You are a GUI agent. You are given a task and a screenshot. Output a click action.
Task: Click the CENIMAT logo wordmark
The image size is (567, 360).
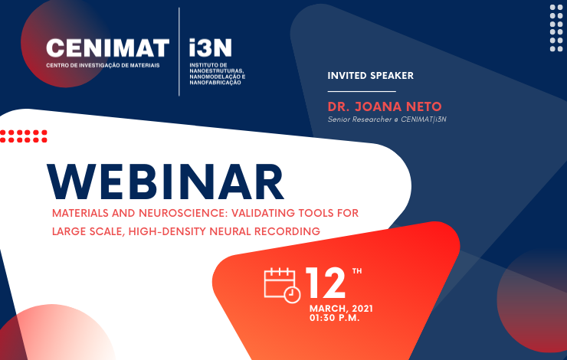(x=108, y=47)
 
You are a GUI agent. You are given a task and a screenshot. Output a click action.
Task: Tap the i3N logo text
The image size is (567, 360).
(x=210, y=47)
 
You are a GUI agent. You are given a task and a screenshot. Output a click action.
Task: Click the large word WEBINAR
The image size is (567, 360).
(x=166, y=182)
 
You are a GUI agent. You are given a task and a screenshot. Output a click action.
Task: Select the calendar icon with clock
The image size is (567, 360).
(x=282, y=285)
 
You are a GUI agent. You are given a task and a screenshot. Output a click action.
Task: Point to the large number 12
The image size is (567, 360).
(x=326, y=283)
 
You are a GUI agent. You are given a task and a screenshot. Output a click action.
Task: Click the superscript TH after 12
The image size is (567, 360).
(x=357, y=271)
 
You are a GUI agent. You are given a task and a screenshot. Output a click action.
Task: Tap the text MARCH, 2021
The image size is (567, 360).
(x=341, y=309)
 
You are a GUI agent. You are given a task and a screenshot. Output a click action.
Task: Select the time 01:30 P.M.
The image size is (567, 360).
(x=335, y=318)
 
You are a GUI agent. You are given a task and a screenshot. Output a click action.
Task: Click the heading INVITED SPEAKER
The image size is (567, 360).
(x=370, y=76)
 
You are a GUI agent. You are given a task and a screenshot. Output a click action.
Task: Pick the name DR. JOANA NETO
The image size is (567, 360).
(x=385, y=106)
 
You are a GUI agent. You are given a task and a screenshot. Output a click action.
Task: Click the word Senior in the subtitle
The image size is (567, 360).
(x=339, y=119)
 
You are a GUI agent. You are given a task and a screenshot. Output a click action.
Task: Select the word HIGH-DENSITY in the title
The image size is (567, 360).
(x=168, y=231)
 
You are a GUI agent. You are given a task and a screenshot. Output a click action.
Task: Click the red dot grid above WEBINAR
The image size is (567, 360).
(x=24, y=136)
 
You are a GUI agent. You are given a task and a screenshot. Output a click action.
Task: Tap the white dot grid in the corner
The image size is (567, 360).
(x=556, y=28)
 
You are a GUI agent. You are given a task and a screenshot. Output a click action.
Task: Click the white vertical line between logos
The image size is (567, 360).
(x=179, y=51)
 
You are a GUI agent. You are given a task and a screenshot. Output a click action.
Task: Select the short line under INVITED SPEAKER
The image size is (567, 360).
(x=362, y=91)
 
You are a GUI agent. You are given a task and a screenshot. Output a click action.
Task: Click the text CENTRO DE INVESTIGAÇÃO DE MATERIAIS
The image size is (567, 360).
(x=103, y=65)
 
